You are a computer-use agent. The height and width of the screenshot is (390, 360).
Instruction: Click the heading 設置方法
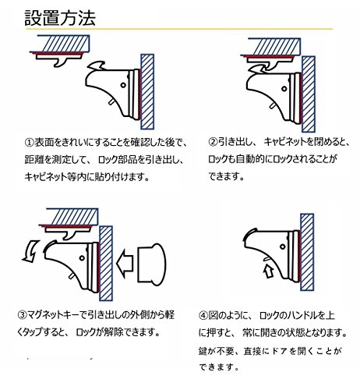point(60,18)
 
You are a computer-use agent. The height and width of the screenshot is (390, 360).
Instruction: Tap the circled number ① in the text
point(30,142)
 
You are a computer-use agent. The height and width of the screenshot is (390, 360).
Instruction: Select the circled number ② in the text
point(213,142)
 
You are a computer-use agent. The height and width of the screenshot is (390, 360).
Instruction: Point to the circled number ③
point(22,315)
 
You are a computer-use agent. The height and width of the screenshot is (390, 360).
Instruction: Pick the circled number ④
point(203,315)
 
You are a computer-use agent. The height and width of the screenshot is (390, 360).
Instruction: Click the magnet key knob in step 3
point(152,264)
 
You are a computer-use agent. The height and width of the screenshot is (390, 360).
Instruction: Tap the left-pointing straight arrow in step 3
point(125,264)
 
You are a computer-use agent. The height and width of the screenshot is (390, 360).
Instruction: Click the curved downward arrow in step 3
point(30,251)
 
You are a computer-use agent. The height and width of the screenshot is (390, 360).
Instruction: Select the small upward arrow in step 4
point(269,271)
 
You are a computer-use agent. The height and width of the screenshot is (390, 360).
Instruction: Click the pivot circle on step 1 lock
point(123,85)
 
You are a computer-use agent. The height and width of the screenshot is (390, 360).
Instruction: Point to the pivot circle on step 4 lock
point(282,246)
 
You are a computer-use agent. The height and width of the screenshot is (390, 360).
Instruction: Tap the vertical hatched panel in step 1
point(147,92)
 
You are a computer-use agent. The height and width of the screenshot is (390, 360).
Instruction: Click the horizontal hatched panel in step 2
point(274,47)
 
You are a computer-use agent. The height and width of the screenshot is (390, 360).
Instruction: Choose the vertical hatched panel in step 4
point(307,252)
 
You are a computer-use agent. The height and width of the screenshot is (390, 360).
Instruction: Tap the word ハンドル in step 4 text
point(302,315)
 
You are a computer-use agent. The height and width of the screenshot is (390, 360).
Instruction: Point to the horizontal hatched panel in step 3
point(72,217)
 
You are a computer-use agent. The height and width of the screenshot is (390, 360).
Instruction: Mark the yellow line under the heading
point(179,29)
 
